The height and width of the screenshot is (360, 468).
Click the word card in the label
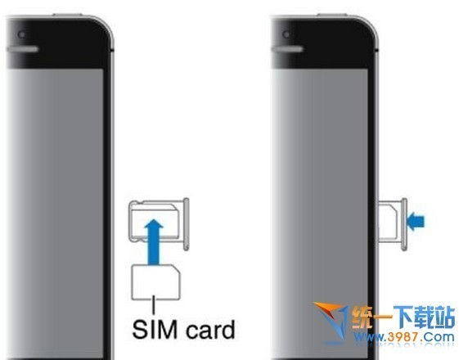(211, 330)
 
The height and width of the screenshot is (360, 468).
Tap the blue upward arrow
(154, 242)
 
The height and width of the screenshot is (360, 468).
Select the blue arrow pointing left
(416, 222)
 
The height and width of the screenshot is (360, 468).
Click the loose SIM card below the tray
(155, 282)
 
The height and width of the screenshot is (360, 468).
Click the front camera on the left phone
(21, 35)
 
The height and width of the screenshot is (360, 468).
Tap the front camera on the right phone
(286, 34)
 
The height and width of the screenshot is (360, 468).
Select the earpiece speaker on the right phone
(287, 49)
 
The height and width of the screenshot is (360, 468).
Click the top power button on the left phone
(68, 15)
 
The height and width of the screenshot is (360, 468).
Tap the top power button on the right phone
(332, 15)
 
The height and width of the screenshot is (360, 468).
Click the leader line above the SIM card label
(154, 304)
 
